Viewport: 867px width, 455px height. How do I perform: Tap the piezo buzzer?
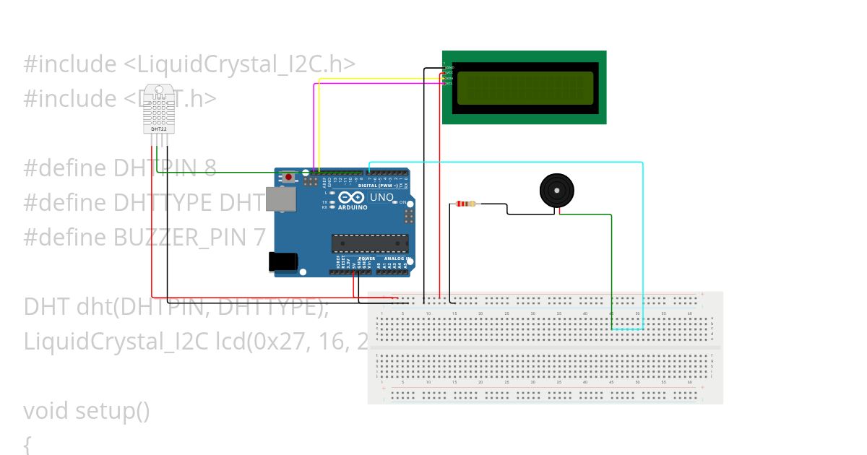(557, 191)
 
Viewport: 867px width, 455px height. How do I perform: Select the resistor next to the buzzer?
(466, 204)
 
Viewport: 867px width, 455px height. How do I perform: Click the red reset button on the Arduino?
(289, 177)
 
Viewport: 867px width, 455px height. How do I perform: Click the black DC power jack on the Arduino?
(282, 261)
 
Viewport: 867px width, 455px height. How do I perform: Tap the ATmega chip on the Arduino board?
(369, 244)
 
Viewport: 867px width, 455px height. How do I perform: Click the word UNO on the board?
(381, 197)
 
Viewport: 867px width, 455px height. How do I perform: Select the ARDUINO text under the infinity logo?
(350, 207)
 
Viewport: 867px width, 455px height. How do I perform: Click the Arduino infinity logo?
(350, 198)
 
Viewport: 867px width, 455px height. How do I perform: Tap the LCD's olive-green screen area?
(525, 87)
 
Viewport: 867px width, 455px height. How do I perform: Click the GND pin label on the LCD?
(449, 67)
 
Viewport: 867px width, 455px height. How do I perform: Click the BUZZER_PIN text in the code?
(181, 237)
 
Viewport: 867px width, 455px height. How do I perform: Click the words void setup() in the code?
(87, 411)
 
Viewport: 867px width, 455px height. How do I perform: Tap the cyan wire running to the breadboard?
(506, 162)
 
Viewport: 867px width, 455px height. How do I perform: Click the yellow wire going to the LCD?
(376, 79)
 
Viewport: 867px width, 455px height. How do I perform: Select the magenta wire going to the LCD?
(376, 84)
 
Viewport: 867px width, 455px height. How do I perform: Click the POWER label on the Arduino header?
(367, 258)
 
